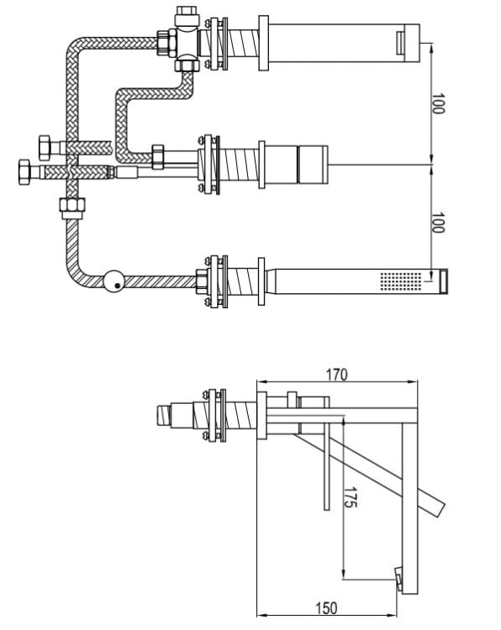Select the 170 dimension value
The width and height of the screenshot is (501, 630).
point(336,375)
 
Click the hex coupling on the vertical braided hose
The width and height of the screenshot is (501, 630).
point(71,205)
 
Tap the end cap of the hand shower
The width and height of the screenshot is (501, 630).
point(442,280)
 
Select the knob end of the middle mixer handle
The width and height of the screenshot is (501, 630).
point(313,160)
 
